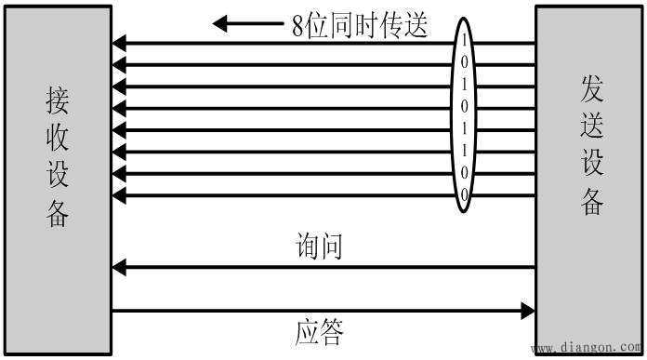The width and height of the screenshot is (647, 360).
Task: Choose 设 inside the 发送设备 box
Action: click(x=592, y=165)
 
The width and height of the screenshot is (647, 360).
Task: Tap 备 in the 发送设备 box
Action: click(x=592, y=203)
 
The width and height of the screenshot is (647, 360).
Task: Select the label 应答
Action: click(x=322, y=332)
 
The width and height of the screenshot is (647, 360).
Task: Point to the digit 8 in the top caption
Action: click(x=297, y=25)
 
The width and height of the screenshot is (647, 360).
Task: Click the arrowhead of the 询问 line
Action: click(x=118, y=268)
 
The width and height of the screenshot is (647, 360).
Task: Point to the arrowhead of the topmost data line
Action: click(x=118, y=43)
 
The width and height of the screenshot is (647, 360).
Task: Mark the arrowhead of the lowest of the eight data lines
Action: click(x=118, y=194)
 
